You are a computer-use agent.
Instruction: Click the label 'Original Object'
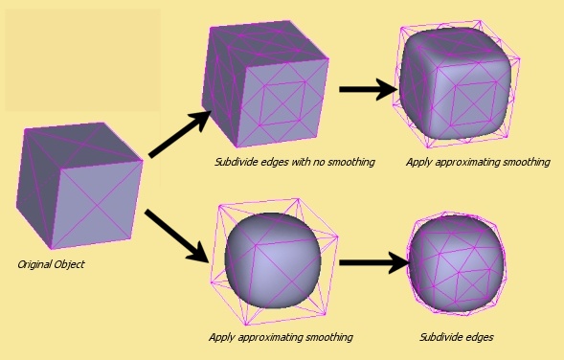click(x=52, y=263)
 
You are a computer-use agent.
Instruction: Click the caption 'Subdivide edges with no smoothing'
click(x=294, y=163)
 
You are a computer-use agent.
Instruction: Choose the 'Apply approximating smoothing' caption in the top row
click(x=478, y=163)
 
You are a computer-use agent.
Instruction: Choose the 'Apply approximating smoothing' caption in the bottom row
click(x=281, y=337)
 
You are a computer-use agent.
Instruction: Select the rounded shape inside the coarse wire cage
click(x=272, y=259)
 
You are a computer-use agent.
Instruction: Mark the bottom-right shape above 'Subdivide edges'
click(x=456, y=263)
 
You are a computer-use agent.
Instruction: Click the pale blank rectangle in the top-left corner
click(x=82, y=59)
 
